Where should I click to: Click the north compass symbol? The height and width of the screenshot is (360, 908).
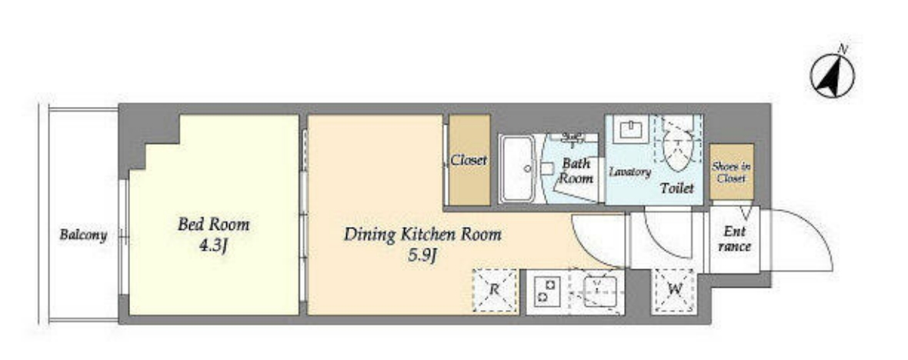click(832, 76)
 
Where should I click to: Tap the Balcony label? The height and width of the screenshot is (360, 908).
click(83, 235)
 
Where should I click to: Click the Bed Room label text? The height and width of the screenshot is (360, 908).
click(214, 224)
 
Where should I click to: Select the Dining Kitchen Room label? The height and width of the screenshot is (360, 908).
click(422, 235)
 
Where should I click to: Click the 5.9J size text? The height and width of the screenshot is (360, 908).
click(422, 255)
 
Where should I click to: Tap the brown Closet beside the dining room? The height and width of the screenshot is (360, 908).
click(469, 160)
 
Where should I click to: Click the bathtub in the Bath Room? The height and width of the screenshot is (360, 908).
click(519, 168)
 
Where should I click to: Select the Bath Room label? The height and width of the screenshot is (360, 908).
click(576, 171)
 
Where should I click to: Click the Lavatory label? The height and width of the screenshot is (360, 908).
click(630, 172)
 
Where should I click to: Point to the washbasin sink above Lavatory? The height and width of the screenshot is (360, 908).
click(631, 129)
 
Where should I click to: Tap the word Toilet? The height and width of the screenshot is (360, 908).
click(677, 188)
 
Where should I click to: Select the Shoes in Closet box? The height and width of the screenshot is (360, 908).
click(732, 172)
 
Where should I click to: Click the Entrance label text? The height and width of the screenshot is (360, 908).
click(734, 239)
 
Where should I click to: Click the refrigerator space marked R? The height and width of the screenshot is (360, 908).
click(495, 291)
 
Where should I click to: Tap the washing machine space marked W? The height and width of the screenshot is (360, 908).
click(673, 291)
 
